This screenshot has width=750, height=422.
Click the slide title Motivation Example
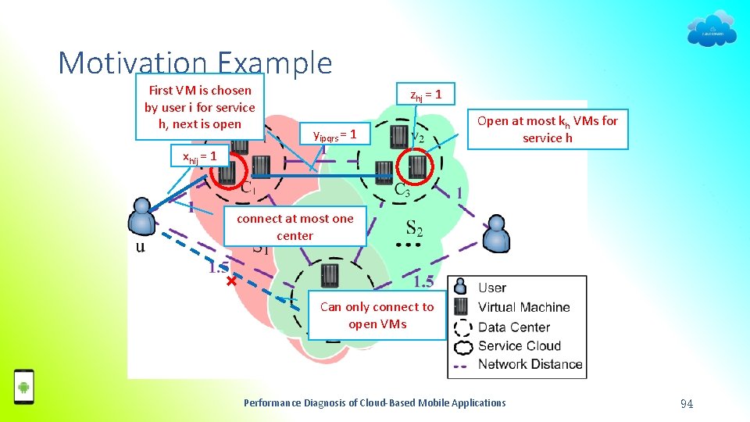[195, 63]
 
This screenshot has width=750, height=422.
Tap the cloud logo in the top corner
[711, 30]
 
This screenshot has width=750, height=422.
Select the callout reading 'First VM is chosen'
[199, 107]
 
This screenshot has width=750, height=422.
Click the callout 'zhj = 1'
[427, 95]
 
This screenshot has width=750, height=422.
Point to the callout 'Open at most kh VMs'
[547, 129]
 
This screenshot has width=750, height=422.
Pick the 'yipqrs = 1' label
[334, 135]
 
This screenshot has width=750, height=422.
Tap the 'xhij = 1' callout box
[199, 156]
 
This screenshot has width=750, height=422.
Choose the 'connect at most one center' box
[295, 227]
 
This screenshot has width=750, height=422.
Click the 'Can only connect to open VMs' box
[377, 316]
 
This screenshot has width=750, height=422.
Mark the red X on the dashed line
[231, 280]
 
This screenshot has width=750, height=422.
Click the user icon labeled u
[142, 216]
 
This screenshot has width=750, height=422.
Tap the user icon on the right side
[495, 231]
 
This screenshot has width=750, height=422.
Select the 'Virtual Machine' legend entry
[523, 307]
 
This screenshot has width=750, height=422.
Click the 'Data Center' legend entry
[513, 327]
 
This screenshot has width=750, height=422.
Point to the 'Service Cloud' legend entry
[519, 345]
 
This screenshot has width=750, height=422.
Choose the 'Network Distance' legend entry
[530, 363]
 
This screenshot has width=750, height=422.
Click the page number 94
[687, 403]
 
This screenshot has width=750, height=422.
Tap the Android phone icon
[24, 386]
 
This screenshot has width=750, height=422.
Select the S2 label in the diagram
[415, 228]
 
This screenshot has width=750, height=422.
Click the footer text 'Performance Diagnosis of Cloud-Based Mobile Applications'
[375, 403]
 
